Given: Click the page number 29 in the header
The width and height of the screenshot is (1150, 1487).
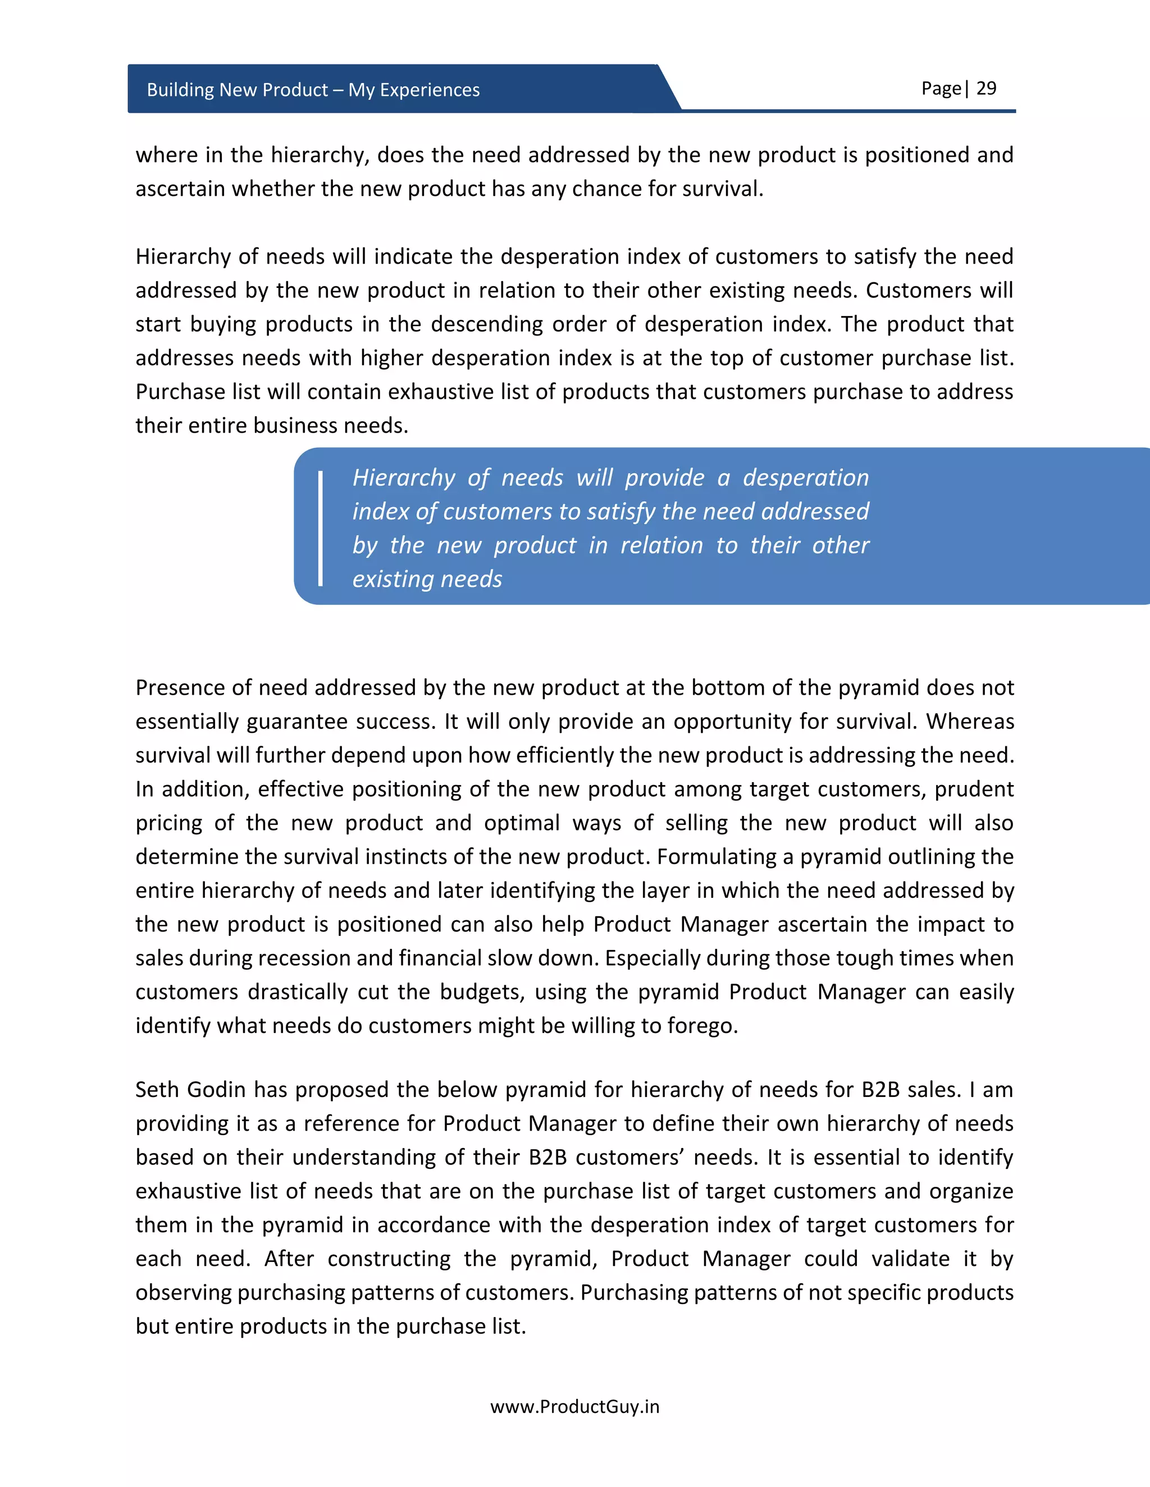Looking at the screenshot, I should coord(986,89).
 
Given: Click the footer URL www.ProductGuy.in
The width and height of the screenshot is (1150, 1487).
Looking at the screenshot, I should coord(574,1407).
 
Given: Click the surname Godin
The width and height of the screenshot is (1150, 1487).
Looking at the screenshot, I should coord(216,1089).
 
